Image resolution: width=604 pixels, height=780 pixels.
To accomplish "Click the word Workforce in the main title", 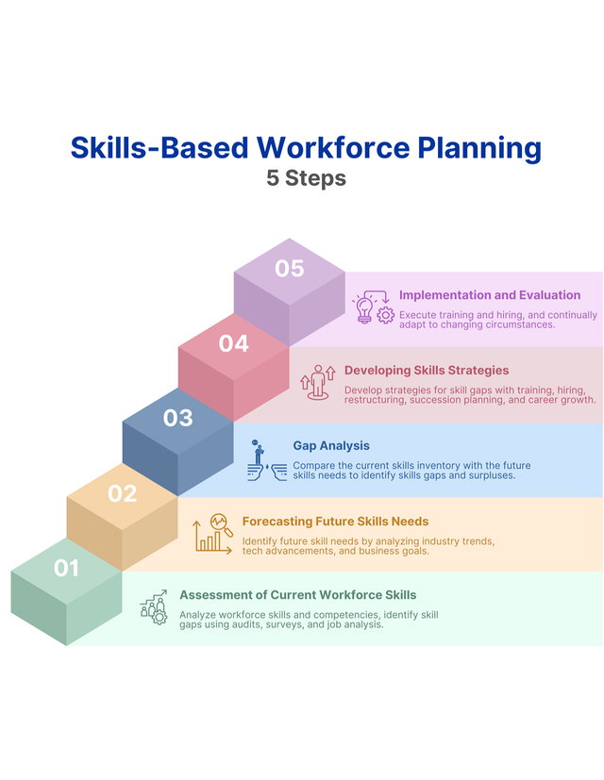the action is tap(333, 148).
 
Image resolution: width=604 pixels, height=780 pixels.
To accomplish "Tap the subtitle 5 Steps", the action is tap(306, 178).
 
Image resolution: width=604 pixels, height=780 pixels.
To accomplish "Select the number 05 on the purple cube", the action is tap(290, 269).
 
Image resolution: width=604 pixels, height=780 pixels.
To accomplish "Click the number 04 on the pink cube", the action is tap(233, 343).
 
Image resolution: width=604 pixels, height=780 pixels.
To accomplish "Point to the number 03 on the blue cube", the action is tap(177, 418).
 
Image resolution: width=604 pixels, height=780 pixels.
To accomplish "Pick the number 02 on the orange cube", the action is tap(122, 493).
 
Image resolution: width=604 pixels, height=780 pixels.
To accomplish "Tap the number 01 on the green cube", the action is tap(66, 568).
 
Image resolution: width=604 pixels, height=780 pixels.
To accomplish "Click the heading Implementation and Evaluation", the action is tap(490, 295).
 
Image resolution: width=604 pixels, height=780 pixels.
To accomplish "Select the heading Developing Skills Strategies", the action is tap(427, 370).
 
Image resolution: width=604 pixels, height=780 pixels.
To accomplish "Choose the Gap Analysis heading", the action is tap(331, 446).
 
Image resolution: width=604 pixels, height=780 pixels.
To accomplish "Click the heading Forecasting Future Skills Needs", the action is tap(335, 522).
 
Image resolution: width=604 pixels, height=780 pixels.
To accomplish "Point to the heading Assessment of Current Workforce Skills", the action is tap(298, 595).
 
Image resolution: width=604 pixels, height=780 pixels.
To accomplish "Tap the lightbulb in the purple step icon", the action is tap(364, 309).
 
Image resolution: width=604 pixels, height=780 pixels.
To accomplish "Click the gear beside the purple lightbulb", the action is tap(385, 315).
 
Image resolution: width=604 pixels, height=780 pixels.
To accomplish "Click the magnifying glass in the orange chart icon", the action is tap(221, 524).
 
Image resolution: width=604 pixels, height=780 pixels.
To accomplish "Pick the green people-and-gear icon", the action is tap(154, 607).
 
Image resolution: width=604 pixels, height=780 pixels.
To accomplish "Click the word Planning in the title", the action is tap(479, 148).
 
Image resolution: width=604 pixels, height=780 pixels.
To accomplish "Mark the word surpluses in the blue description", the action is tap(492, 475).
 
